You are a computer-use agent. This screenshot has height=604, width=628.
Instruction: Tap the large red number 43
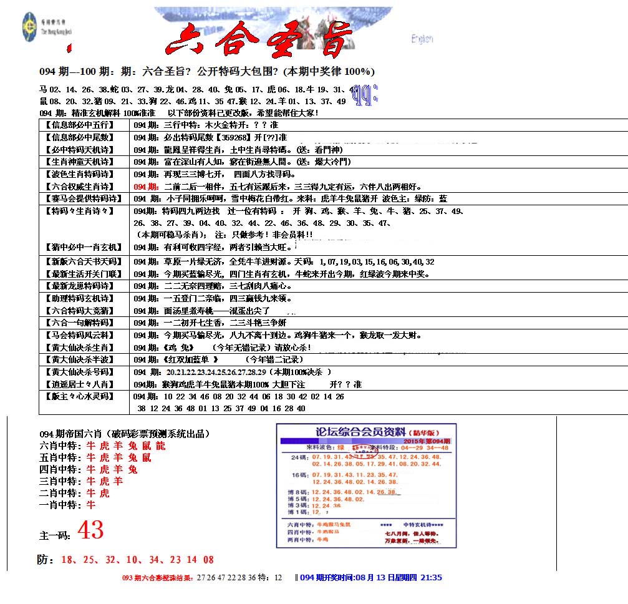click(89, 531)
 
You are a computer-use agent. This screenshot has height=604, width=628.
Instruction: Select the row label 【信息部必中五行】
click(79, 125)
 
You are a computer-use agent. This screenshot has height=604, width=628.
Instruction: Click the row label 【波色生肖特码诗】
click(79, 174)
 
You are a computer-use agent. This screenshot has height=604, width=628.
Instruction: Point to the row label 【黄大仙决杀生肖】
click(79, 348)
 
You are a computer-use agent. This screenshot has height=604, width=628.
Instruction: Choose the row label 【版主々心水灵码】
click(79, 396)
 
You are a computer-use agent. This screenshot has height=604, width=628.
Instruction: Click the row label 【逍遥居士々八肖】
click(79, 384)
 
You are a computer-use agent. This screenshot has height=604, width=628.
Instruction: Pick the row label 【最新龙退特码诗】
click(79, 286)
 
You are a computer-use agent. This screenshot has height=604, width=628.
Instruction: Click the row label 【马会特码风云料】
click(79, 335)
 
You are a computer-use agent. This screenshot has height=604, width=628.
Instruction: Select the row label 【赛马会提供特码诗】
click(79, 198)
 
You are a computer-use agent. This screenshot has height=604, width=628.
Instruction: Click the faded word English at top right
click(422, 39)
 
